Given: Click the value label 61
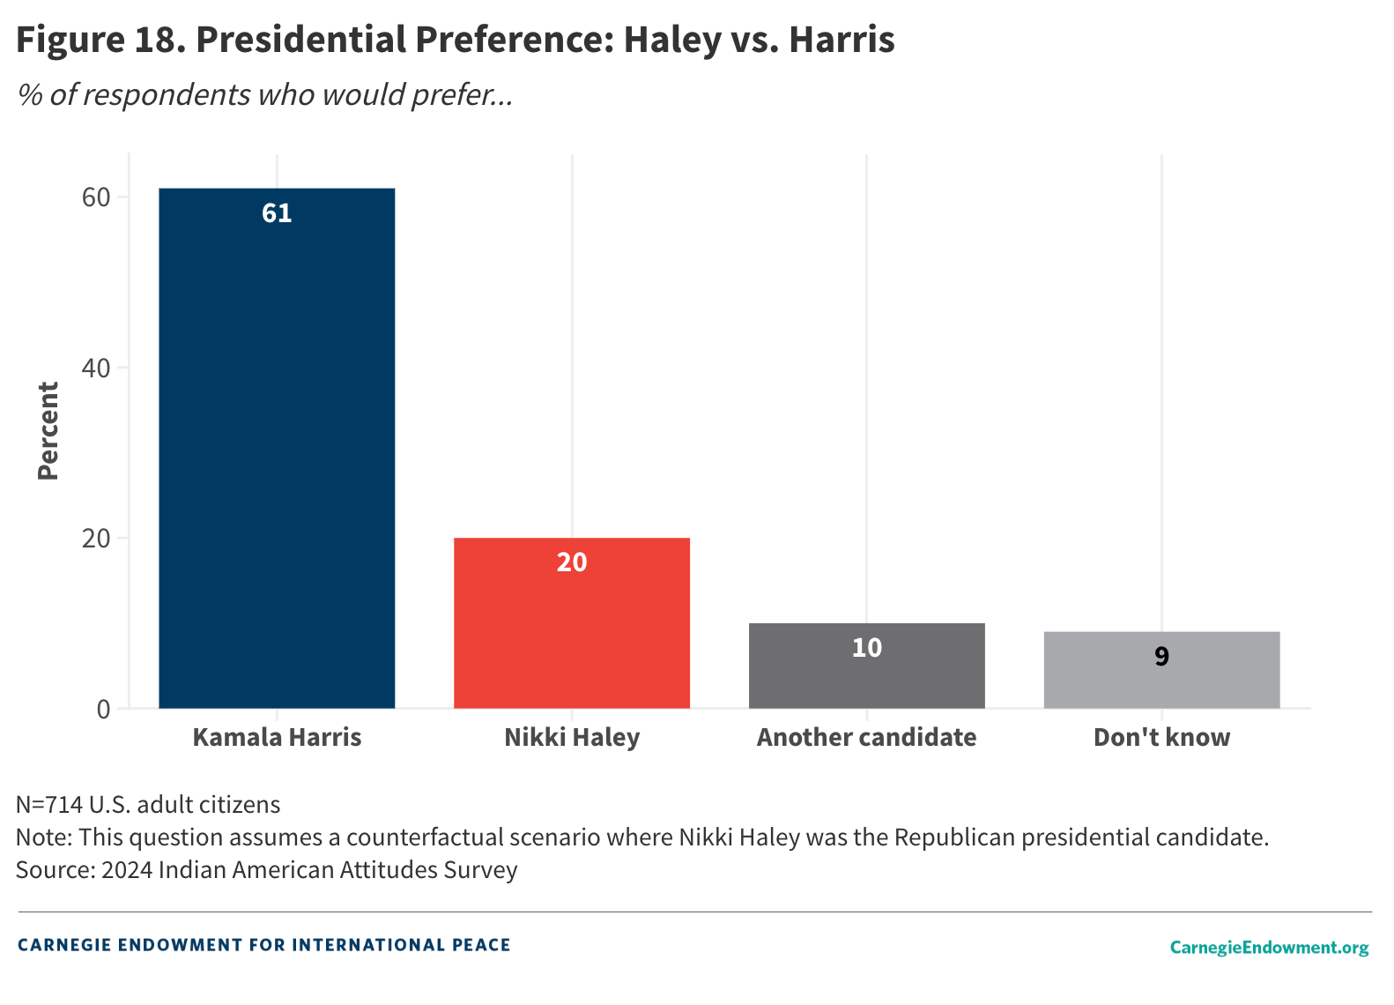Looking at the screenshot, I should tap(277, 213).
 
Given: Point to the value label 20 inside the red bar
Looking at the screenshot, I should tap(571, 562).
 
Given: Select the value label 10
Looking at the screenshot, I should tap(866, 648).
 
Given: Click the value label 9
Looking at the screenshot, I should tap(1161, 657).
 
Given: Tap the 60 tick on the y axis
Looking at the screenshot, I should tap(96, 197).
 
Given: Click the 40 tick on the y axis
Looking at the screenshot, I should tap(96, 368).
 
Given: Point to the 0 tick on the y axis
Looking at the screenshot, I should tap(104, 709).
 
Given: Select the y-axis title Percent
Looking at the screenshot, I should tap(48, 431).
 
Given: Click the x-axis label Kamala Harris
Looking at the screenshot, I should tap(277, 737).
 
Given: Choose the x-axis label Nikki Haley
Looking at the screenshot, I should tap(571, 737).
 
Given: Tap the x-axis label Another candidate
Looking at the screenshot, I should tap(866, 737).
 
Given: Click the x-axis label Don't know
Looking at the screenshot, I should tap(1161, 737).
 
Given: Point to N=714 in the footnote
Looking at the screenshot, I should tap(49, 804).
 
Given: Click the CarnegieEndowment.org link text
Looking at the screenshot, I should tap(1269, 947).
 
